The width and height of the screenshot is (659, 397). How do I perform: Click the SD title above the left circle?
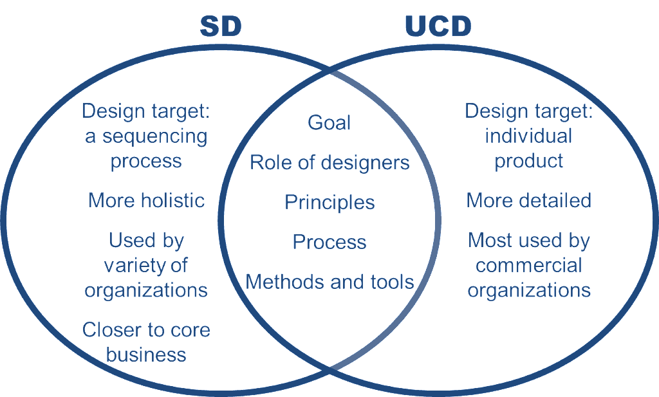221,26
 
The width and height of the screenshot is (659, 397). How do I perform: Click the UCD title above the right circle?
438,26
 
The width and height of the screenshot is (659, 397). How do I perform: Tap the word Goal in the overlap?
329,123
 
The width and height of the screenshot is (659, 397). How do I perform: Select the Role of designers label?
329,163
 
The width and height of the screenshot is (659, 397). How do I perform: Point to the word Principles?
329,203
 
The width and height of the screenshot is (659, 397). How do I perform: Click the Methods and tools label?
329,282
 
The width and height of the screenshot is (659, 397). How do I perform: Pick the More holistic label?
146,200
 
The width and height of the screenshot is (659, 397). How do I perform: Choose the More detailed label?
529,200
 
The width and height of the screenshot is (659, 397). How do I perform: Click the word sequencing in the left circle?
155,137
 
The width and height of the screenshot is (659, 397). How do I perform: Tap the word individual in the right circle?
528,136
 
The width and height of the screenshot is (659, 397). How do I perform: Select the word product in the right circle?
529,162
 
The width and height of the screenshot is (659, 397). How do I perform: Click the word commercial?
529,266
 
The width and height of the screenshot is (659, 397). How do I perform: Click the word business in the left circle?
146,355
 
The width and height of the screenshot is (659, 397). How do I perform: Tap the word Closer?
106,330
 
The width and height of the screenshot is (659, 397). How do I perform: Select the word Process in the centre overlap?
329,242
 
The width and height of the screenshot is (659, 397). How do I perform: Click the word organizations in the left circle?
146,291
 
